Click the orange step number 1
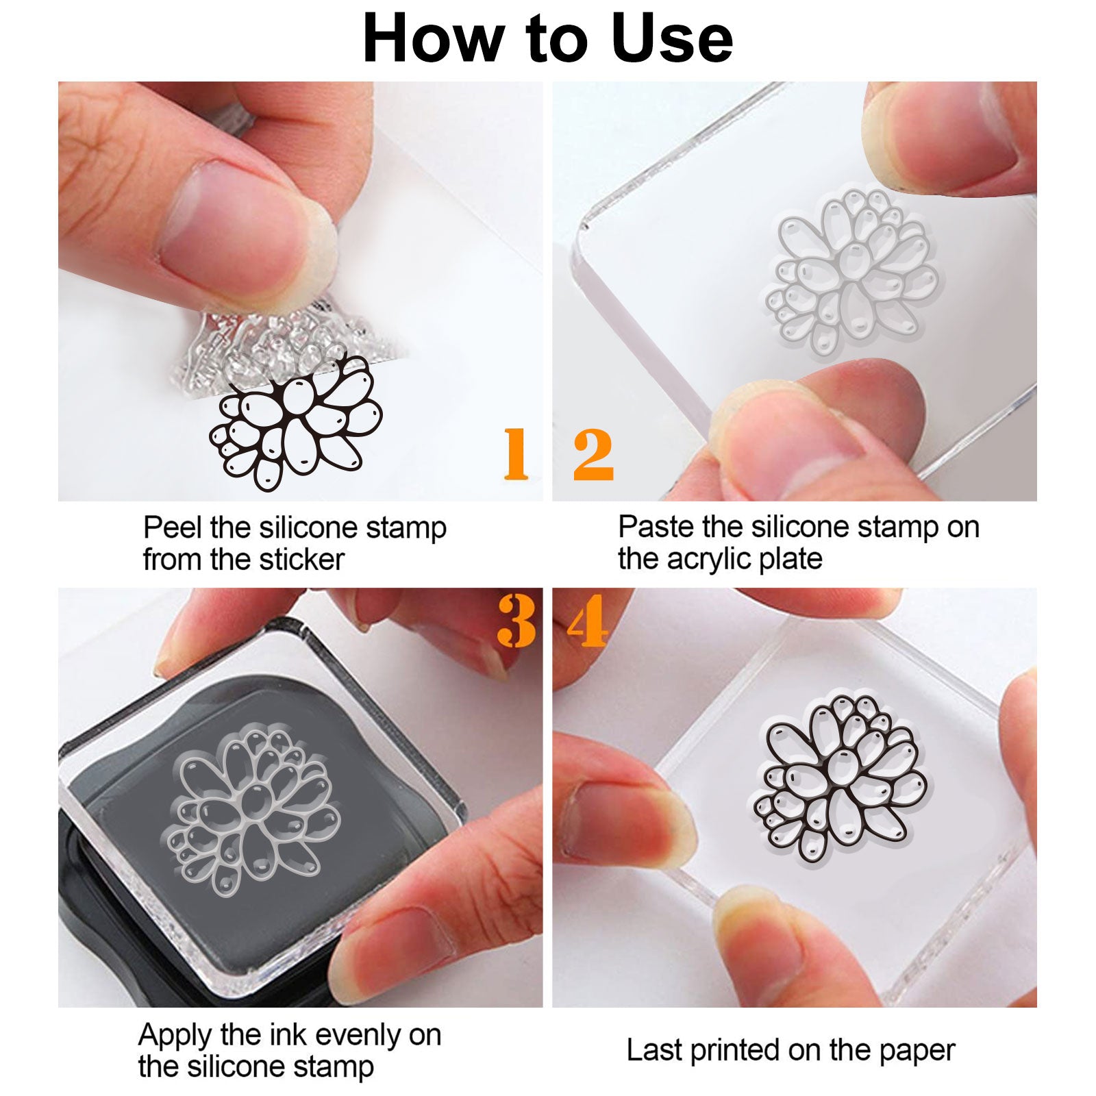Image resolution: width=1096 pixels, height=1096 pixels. (516, 453)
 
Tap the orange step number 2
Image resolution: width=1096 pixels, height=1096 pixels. (593, 454)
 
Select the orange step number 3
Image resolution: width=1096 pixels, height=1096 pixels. (516, 620)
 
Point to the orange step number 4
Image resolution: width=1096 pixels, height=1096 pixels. (587, 620)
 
